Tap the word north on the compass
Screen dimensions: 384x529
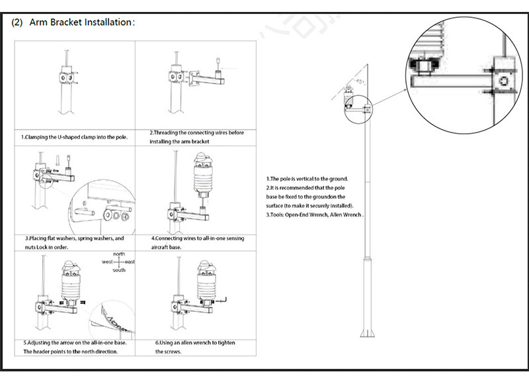click(118, 254)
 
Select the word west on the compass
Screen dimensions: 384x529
click(106, 262)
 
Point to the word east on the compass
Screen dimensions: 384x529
click(130, 262)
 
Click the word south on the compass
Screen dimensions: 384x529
click(118, 270)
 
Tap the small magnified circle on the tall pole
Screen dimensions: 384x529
click(349, 105)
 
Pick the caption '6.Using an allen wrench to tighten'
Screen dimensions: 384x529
click(196, 343)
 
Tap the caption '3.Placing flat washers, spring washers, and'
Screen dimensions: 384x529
click(74, 237)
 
